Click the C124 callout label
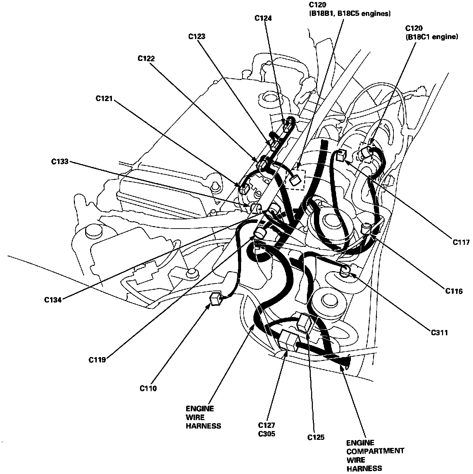click(263, 18)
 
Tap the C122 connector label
click(146, 58)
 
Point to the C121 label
click(104, 99)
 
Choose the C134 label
click(53, 300)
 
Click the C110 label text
click(148, 388)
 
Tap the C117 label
click(461, 242)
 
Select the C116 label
click(454, 291)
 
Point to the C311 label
click(439, 332)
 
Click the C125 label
click(316, 437)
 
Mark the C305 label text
click(266, 434)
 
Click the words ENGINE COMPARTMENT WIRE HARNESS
click(375, 455)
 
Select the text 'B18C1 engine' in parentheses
click(431, 36)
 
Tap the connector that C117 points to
click(341, 155)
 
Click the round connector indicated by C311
click(345, 270)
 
